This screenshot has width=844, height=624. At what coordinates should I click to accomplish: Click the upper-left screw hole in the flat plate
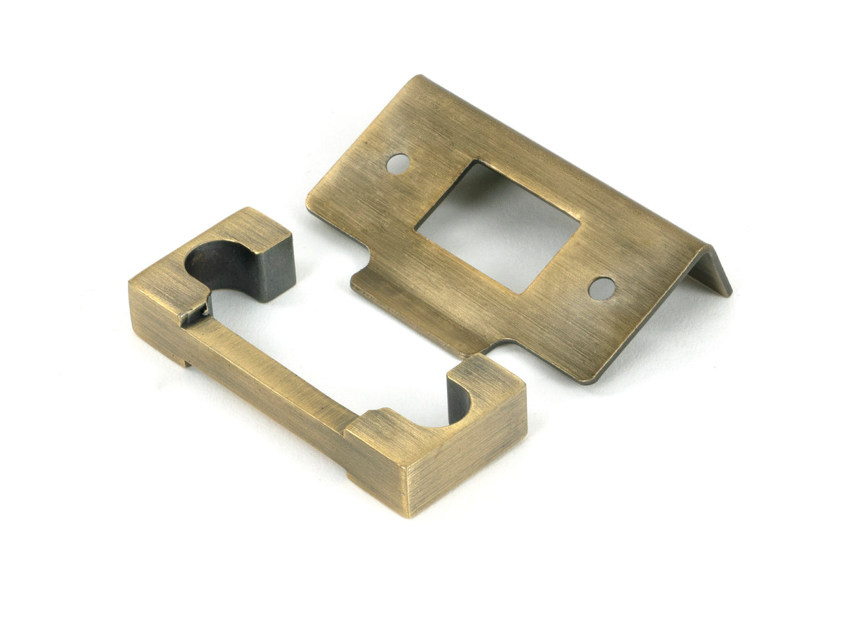coord(397,163)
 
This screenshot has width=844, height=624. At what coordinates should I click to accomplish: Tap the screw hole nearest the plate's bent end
coord(601,288)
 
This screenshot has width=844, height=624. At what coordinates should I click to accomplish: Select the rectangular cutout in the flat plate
coord(497,226)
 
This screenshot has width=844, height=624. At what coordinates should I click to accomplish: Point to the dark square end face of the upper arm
coord(275,268)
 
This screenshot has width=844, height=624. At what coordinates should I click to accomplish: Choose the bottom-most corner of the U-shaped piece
coord(409,515)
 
